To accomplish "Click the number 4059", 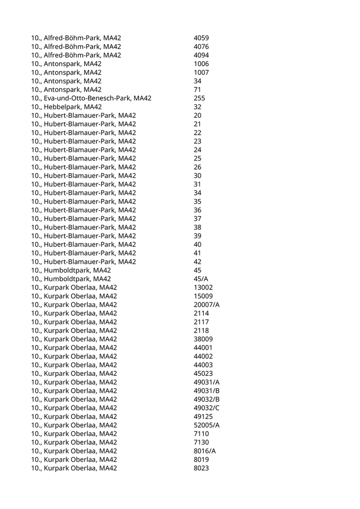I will [201, 38].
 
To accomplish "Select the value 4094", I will [201, 56].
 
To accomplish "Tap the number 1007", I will [201, 72].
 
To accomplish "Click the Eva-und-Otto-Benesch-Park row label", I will [91, 98].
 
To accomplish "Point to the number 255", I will [200, 98].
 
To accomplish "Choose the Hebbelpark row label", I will [66, 107].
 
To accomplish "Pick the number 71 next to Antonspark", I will [197, 89].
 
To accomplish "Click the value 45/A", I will [201, 279].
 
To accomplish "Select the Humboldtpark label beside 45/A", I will [71, 279].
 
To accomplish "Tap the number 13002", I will [203, 287].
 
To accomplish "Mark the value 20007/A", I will [207, 305].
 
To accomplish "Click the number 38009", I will [203, 339].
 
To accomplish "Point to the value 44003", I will [203, 365].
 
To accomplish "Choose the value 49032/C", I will [207, 408].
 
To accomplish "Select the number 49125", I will [203, 416].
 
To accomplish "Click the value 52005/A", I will [207, 425].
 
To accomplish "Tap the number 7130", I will [201, 442].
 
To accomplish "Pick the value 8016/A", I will [205, 451].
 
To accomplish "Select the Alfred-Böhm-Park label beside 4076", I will [76, 47].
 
